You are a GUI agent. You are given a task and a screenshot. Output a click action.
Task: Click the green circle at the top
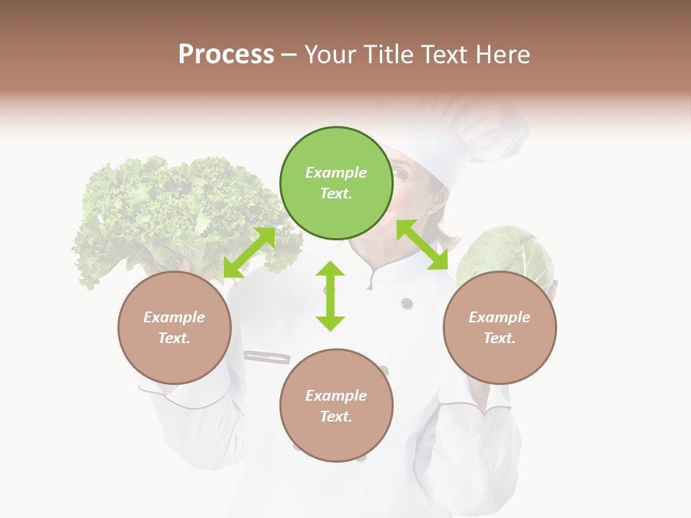click(336, 183)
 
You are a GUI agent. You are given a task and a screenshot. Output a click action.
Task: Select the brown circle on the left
click(174, 327)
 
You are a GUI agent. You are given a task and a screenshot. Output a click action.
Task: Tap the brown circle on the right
click(500, 327)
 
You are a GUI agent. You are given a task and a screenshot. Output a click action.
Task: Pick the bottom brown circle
click(336, 405)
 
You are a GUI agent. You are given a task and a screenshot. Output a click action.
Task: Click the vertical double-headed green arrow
click(330, 296)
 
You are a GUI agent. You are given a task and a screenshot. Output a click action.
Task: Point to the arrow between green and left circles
click(249, 253)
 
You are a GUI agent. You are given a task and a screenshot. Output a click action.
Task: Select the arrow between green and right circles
click(423, 245)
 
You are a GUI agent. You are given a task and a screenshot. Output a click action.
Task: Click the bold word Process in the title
click(226, 54)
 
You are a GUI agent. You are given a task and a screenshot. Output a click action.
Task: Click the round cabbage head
click(504, 252)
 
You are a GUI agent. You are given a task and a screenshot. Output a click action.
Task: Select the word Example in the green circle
click(336, 173)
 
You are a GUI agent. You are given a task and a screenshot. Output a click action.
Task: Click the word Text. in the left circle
click(174, 338)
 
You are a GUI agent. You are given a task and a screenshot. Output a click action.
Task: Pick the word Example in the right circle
click(500, 317)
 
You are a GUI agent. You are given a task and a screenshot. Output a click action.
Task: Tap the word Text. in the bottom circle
click(336, 417)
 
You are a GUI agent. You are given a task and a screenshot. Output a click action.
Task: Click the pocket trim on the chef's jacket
click(267, 356)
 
